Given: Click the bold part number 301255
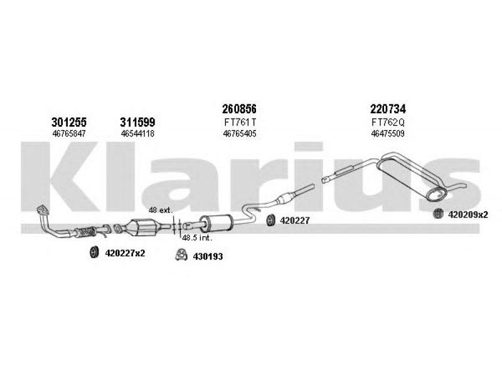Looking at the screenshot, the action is click(x=69, y=122).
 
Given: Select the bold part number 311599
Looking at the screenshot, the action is click(x=137, y=122).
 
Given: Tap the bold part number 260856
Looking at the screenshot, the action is click(x=240, y=109).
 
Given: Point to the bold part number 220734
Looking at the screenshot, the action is click(x=388, y=109).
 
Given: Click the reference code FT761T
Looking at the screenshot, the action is click(x=240, y=123).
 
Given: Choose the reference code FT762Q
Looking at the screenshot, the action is click(x=388, y=123).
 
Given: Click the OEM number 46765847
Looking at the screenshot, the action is click(x=69, y=133).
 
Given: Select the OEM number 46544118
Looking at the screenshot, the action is click(x=137, y=133).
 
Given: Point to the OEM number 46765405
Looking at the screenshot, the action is click(x=240, y=133).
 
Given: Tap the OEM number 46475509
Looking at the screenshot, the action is click(x=388, y=133).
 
